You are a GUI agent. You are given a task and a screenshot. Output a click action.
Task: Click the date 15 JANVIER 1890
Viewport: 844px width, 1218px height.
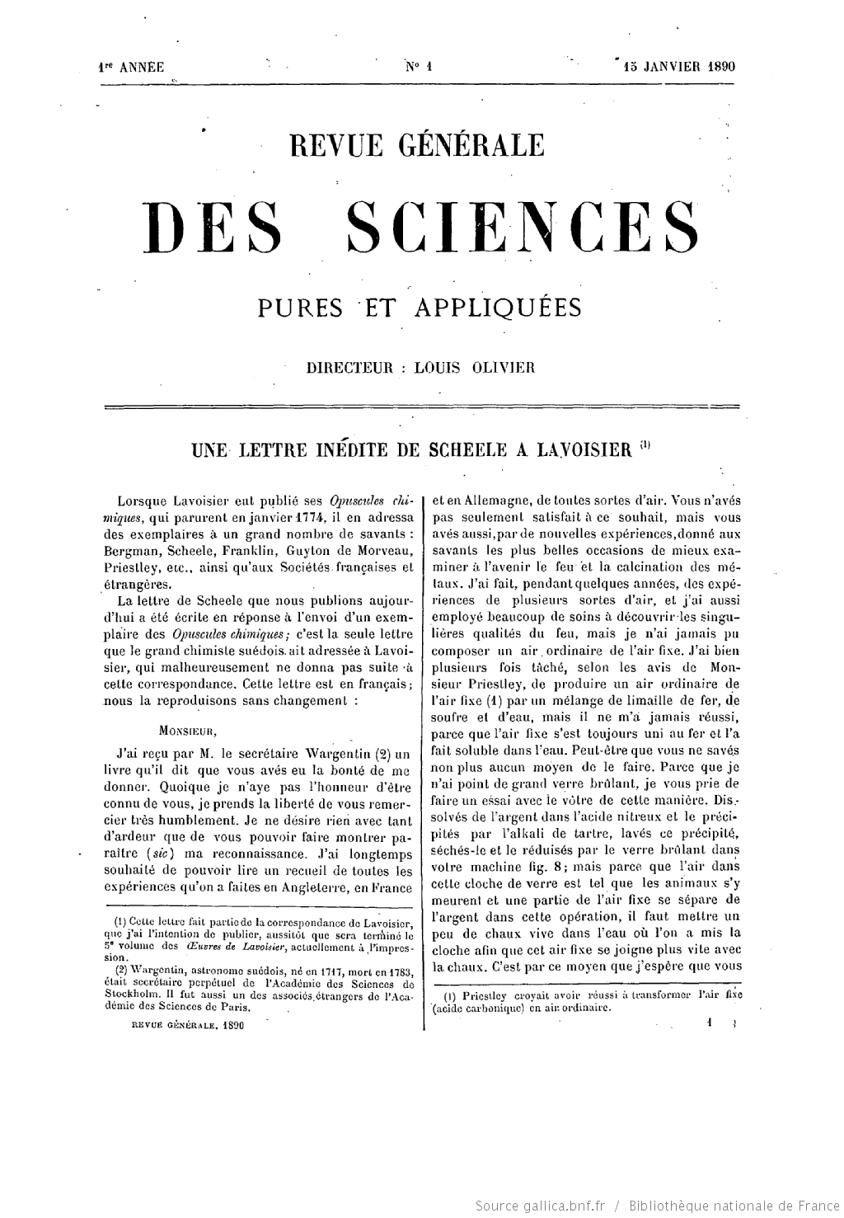coord(678,68)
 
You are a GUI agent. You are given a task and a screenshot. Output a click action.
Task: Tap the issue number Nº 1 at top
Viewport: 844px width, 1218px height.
coord(420,68)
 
